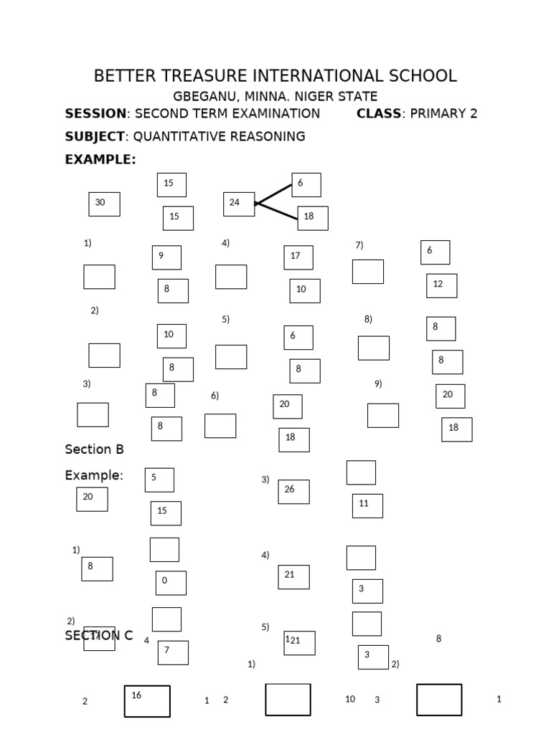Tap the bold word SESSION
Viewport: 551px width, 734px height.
95,113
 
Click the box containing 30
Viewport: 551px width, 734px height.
104,204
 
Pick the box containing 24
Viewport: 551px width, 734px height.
238,204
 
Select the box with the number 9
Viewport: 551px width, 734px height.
166,257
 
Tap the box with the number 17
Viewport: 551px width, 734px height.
298,257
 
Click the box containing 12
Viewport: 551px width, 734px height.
441,285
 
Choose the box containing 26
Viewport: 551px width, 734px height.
293,492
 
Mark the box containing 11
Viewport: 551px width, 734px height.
367,505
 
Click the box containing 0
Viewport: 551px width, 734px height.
171,583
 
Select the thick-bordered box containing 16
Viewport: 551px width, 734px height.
147,701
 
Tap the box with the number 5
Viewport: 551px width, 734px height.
159,480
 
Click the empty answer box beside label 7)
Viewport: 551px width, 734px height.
367,272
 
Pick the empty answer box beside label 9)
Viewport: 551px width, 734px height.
382,415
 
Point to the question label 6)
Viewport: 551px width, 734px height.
215,396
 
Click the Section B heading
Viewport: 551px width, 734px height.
94,449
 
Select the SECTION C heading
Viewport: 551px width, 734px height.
98,635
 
